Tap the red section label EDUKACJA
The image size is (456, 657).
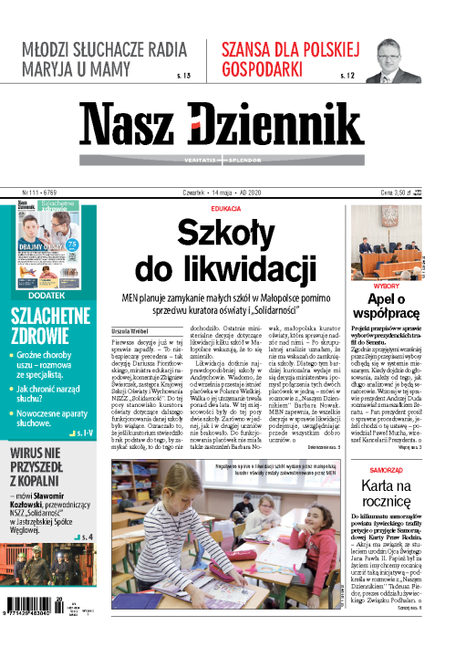click(225, 209)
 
